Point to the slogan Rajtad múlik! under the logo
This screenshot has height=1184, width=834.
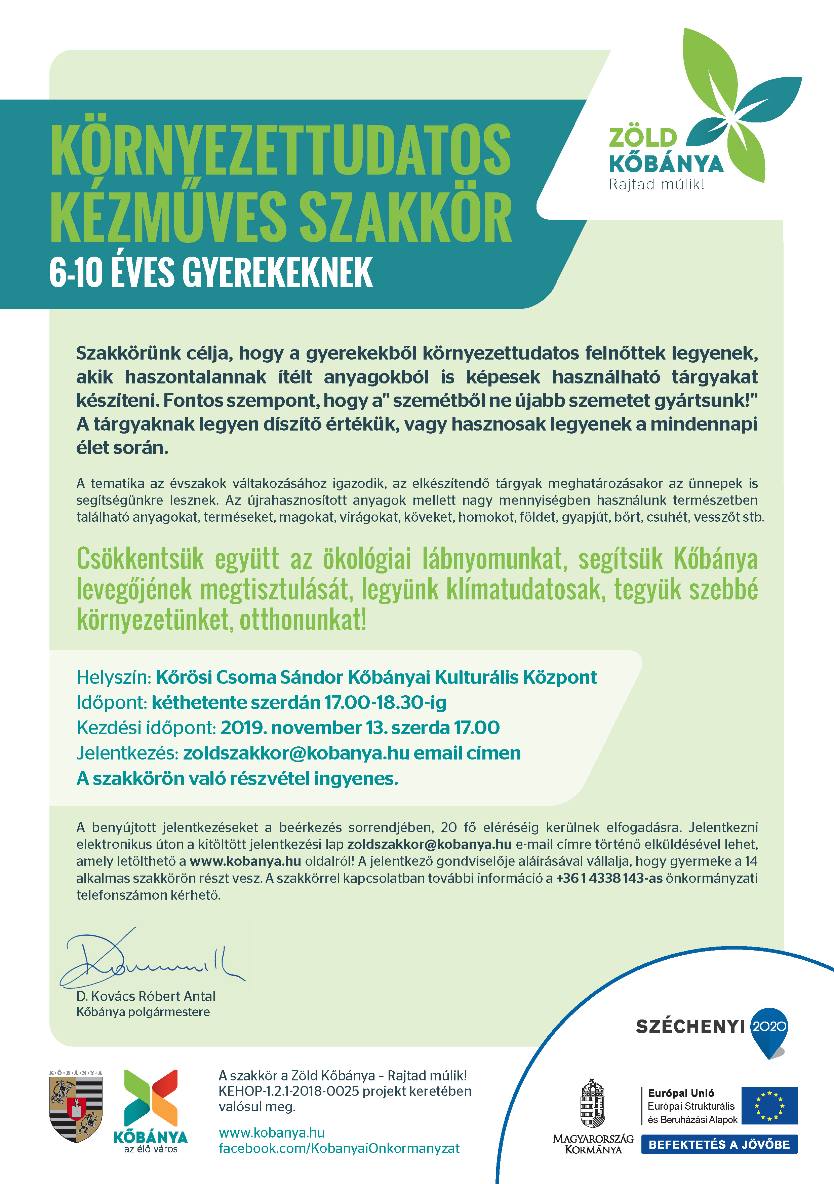click(656, 185)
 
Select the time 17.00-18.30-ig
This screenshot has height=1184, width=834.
click(385, 702)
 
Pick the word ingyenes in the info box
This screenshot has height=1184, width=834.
click(356, 778)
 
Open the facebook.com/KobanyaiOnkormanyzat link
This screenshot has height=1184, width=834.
click(339, 1148)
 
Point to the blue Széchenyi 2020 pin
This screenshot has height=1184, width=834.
click(769, 1031)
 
